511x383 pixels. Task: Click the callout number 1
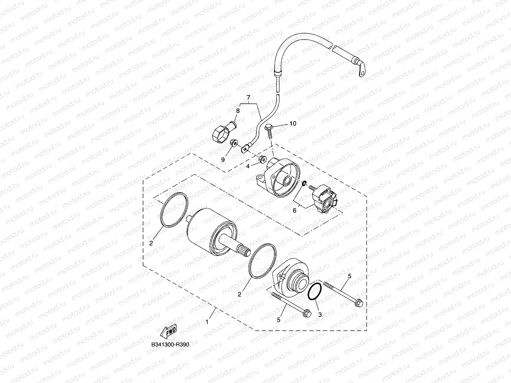point(207,322)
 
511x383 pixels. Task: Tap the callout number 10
point(293,123)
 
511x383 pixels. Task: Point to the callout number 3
point(320,315)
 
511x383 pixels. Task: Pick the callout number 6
point(294,210)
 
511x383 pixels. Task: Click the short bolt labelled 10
point(269,131)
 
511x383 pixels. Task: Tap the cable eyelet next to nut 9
point(246,148)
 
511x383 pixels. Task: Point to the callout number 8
point(238,111)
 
